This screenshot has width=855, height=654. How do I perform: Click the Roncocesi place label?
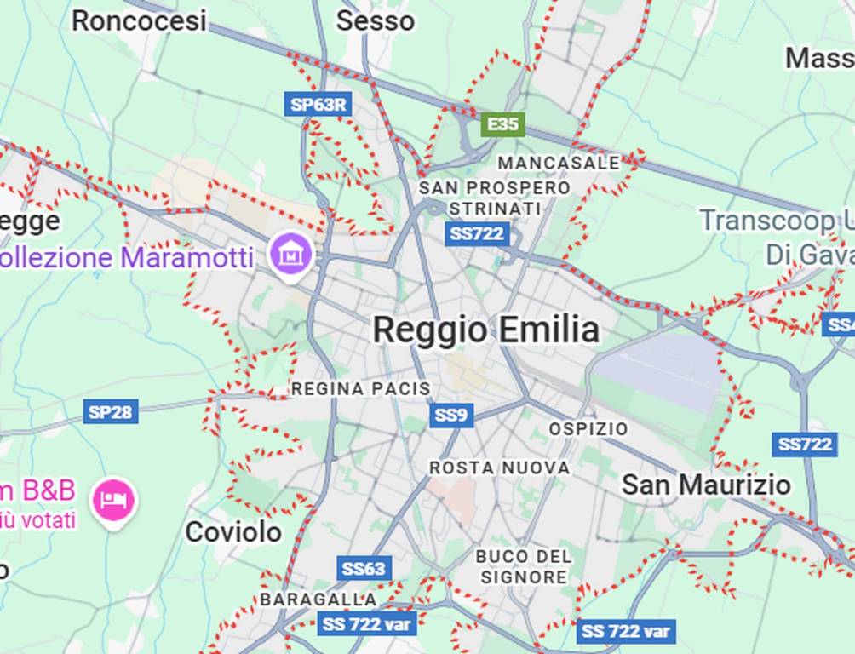tap(138, 20)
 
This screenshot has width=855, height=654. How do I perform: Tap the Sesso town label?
tap(375, 20)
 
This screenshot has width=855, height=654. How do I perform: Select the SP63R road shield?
tap(318, 105)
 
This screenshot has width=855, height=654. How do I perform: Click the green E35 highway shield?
tap(502, 124)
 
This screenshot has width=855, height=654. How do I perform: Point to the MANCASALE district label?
tap(559, 163)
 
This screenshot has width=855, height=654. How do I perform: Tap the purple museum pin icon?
tap(290, 253)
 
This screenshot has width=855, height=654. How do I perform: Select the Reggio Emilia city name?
tap(485, 330)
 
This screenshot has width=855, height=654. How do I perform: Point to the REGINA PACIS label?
tap(360, 389)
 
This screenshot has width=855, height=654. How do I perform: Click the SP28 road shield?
tap(111, 412)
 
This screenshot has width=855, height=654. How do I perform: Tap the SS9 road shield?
tap(450, 416)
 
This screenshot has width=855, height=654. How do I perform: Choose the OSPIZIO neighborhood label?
tap(588, 428)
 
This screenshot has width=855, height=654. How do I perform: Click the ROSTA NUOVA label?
tap(499, 468)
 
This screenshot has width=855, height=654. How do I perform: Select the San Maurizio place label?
tap(706, 485)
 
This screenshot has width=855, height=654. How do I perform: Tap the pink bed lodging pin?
tap(114, 499)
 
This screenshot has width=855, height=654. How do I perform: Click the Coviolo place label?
tap(233, 532)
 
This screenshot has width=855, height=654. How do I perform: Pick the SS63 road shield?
tap(364, 568)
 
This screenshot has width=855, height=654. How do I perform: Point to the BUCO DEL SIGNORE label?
tap(523, 566)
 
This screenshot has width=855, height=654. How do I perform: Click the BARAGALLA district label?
tap(318, 599)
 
